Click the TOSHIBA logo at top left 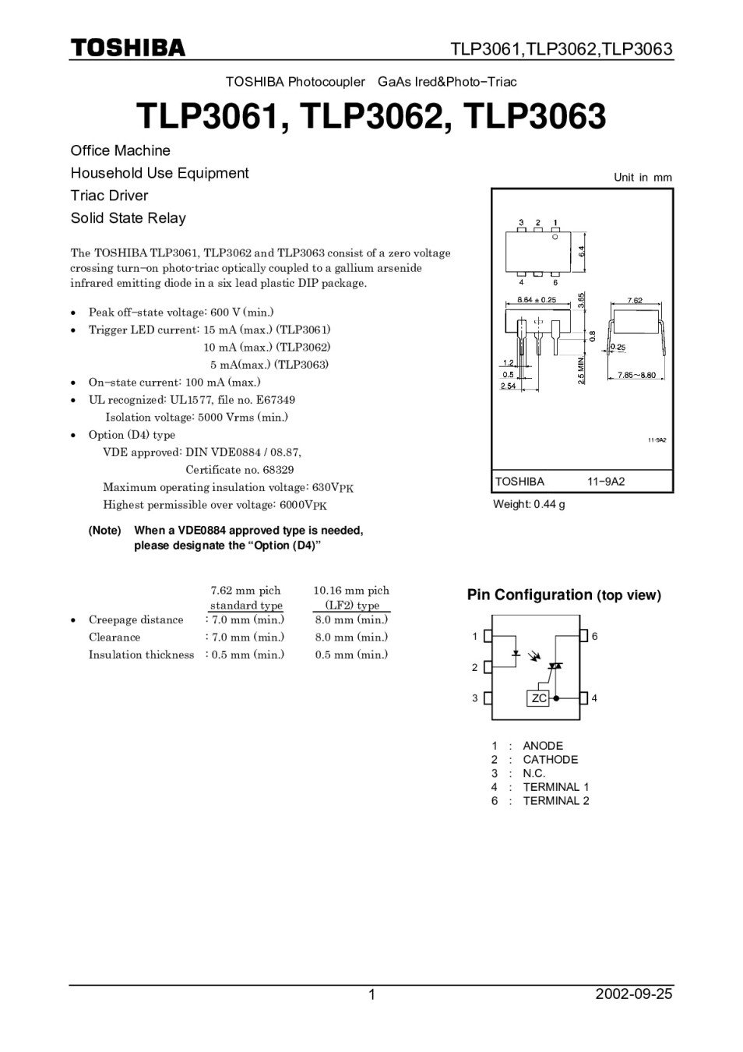point(129,48)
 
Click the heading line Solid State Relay point(129,218)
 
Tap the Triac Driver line point(109,196)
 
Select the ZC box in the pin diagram point(539,698)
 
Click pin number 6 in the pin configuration point(595,637)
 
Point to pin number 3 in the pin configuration point(474,698)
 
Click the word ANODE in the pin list point(543,746)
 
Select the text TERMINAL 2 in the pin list point(556,800)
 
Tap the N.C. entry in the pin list point(534,773)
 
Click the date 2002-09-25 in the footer point(634,994)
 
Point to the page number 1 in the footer point(371,994)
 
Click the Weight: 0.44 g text point(529,504)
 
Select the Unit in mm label point(643,178)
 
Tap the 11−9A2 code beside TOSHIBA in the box point(606,482)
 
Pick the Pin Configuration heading point(530,595)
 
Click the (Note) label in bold point(105,531)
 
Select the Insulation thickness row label point(141,655)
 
